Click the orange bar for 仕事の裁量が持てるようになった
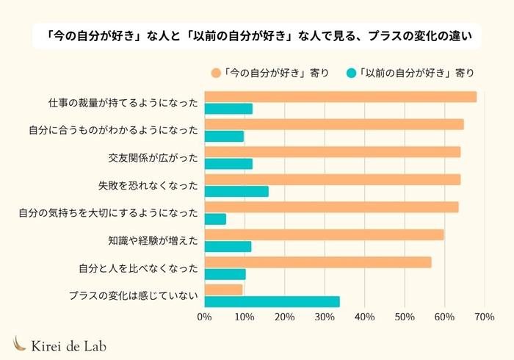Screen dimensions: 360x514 340,97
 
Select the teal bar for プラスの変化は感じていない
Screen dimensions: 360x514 272,302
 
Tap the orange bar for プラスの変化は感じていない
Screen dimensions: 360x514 223,289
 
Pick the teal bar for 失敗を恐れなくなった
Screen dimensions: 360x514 236,192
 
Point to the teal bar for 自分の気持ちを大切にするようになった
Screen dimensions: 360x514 215,219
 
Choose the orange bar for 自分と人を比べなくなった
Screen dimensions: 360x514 317,262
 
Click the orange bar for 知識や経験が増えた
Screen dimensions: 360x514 324,234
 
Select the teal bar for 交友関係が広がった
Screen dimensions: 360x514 228,164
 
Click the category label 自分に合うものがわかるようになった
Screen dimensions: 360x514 114,130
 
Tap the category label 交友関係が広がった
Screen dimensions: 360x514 153,157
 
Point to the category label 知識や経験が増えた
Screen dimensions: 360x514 153,240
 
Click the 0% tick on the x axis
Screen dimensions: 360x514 204,317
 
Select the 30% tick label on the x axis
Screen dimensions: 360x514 324,317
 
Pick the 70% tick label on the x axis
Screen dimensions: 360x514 483,317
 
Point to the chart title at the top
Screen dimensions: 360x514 257,35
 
